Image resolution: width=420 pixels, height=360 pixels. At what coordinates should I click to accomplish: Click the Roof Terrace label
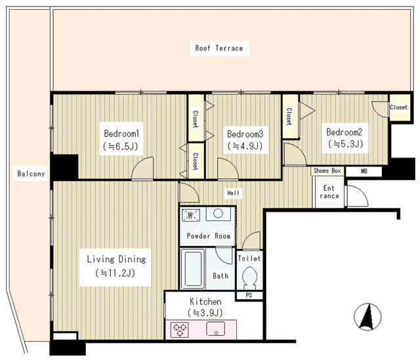219,48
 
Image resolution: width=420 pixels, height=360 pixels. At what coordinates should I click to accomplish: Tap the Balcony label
31,174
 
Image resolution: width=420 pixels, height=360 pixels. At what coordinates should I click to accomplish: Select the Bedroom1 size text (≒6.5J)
120,146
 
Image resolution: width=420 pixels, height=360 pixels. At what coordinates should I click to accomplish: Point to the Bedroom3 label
245,134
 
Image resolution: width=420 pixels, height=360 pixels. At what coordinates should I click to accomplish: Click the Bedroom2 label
344,132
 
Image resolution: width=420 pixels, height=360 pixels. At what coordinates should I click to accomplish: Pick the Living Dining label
117,259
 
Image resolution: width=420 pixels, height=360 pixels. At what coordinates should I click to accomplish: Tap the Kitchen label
205,302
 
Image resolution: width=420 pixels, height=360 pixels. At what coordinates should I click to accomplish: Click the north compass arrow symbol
367,317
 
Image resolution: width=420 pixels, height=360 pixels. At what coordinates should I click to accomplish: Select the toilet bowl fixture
249,277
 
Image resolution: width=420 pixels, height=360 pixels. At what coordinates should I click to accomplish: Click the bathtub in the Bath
193,269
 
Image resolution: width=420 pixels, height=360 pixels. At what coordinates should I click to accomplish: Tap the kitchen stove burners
179,329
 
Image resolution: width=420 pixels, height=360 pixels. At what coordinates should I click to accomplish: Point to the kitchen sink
216,329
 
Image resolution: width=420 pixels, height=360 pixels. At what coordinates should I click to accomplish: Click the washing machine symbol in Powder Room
191,215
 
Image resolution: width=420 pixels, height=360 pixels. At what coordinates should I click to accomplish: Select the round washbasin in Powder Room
219,214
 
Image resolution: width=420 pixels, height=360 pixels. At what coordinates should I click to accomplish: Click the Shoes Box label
327,170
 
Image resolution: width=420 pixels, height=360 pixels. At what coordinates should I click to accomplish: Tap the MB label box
364,171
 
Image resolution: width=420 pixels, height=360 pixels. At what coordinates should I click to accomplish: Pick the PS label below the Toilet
249,295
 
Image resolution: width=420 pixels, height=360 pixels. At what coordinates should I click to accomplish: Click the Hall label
234,193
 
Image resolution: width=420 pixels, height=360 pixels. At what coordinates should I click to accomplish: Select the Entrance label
329,192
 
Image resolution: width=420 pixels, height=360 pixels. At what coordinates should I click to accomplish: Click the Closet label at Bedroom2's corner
398,108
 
